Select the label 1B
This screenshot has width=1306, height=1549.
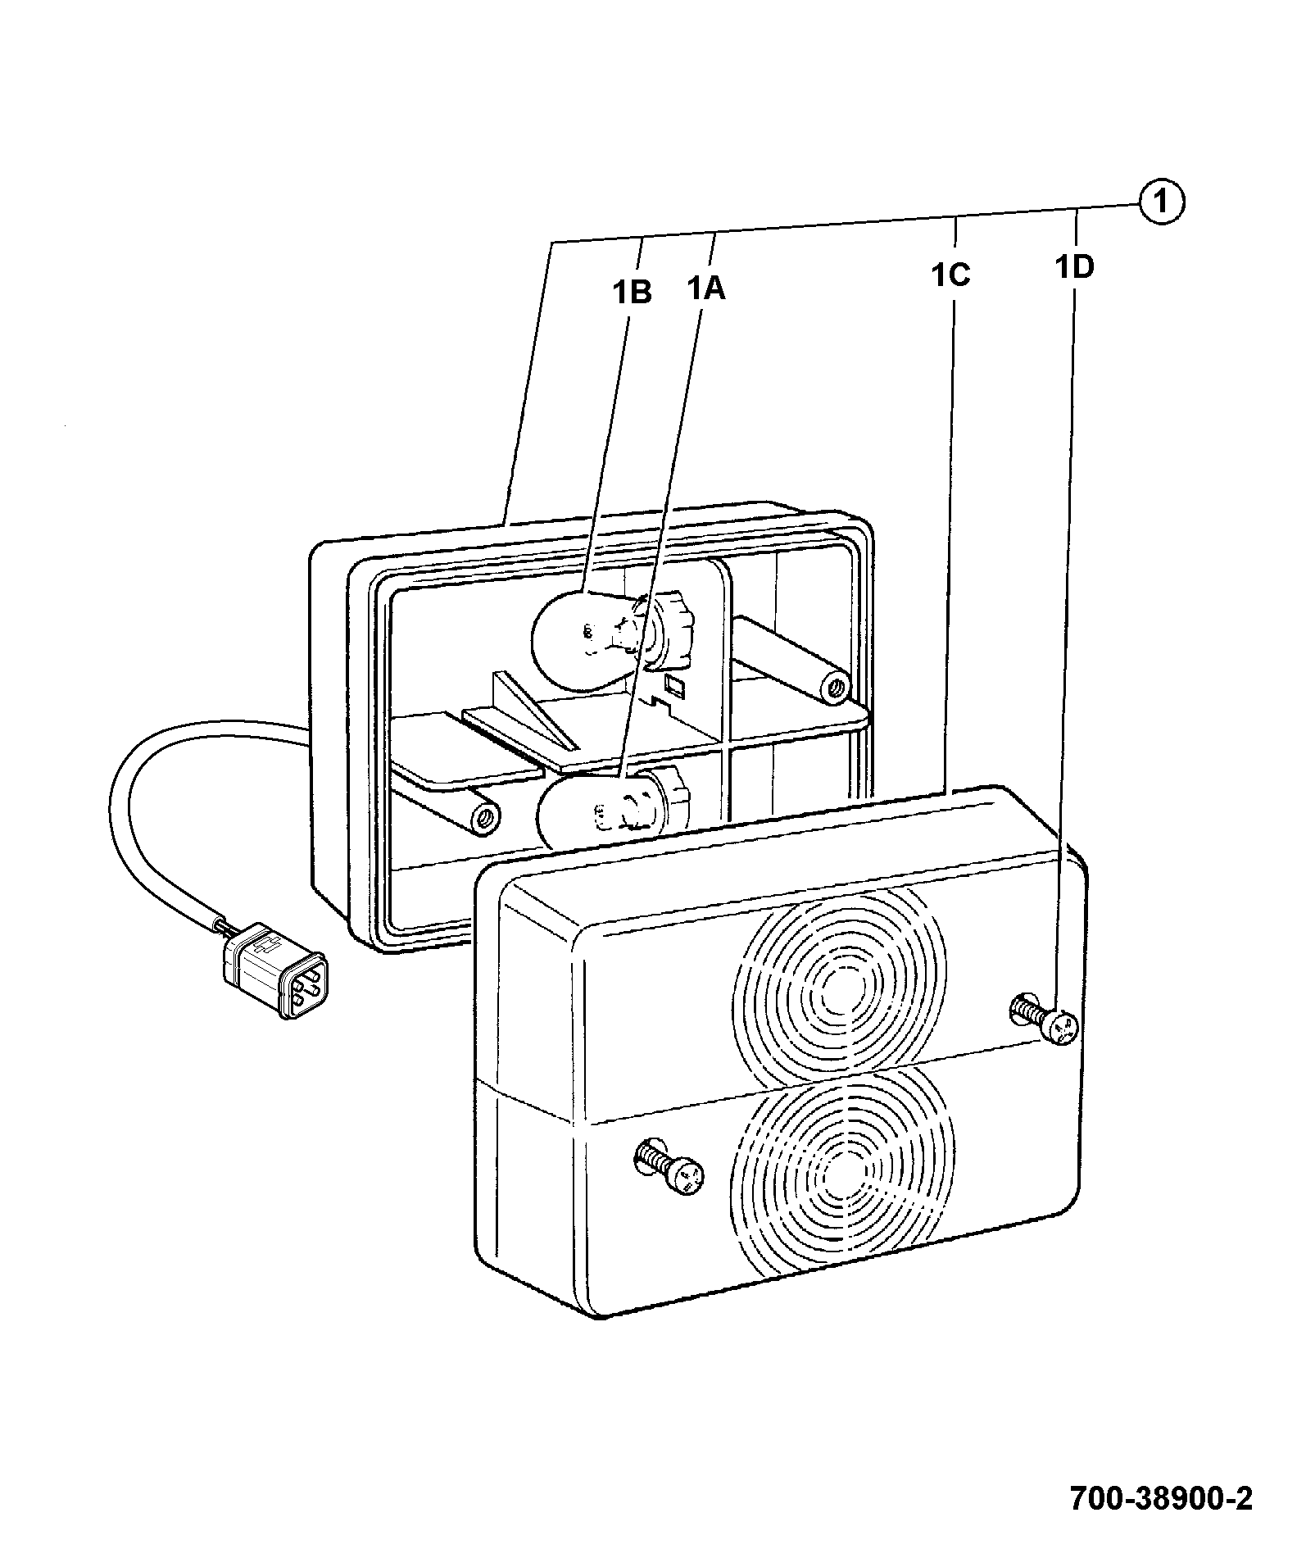tap(633, 292)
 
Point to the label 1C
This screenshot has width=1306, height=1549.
tap(950, 275)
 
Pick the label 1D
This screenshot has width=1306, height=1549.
tap(1074, 266)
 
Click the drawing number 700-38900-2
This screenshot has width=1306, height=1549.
tap(1161, 1498)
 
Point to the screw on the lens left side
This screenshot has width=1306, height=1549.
tap(669, 1167)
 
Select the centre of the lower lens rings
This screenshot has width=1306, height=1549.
tap(844, 1171)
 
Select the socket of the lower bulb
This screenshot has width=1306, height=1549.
tap(668, 801)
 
